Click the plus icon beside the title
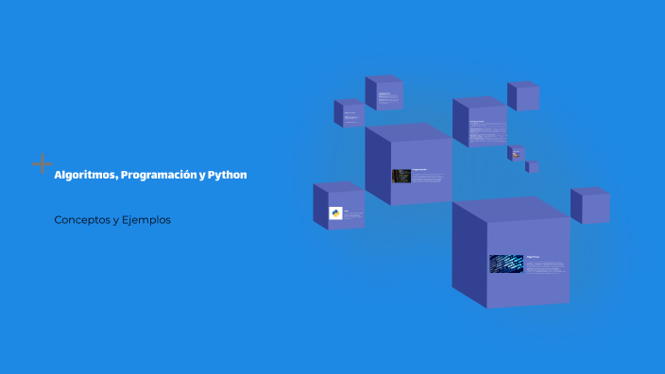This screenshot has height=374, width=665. coord(42,163)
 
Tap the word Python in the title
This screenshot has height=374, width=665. coord(227,176)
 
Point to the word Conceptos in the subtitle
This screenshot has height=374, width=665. coord(82,220)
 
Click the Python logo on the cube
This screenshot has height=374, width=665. coord(335,213)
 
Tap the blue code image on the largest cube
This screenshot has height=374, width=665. coord(506,263)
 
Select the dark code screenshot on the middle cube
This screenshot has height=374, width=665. coord(401,176)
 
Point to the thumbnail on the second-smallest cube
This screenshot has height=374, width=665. coord(517,153)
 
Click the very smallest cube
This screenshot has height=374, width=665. coord(533,167)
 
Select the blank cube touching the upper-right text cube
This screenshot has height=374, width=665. coord(523,97)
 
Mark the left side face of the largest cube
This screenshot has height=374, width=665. coord(469,253)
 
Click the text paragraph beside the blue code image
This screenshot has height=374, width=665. coord(545,264)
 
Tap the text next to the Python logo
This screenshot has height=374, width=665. coord(352,214)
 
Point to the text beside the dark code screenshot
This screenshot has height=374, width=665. coord(428,176)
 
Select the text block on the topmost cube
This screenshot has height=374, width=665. coord(386,96)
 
